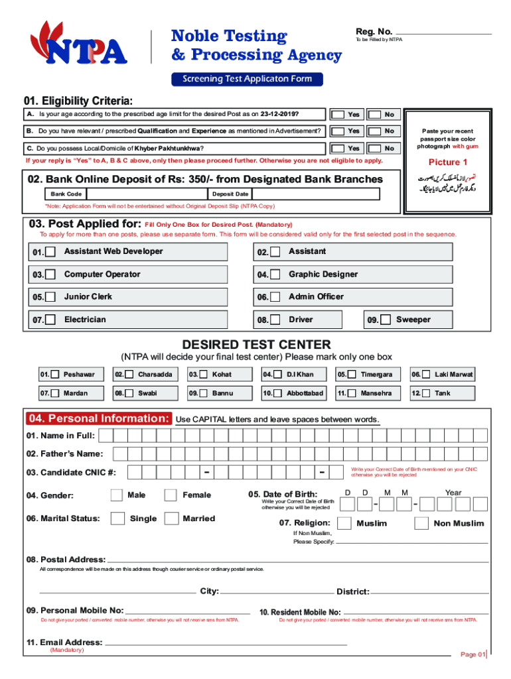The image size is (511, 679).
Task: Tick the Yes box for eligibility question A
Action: [x=338, y=114]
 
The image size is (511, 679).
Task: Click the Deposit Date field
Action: [x=315, y=194]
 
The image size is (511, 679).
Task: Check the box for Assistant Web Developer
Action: [x=50, y=252]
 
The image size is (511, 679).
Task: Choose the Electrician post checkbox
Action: [x=50, y=320]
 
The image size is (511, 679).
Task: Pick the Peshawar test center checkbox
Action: [x=56, y=375]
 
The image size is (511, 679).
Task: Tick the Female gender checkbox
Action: [x=171, y=495]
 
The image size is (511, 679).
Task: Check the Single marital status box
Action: [x=117, y=518]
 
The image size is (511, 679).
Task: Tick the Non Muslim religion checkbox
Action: [x=421, y=523]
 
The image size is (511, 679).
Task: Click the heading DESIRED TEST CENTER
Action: [x=256, y=344]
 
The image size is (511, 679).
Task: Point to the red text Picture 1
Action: [x=448, y=162]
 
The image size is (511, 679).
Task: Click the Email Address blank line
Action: [x=226, y=643]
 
